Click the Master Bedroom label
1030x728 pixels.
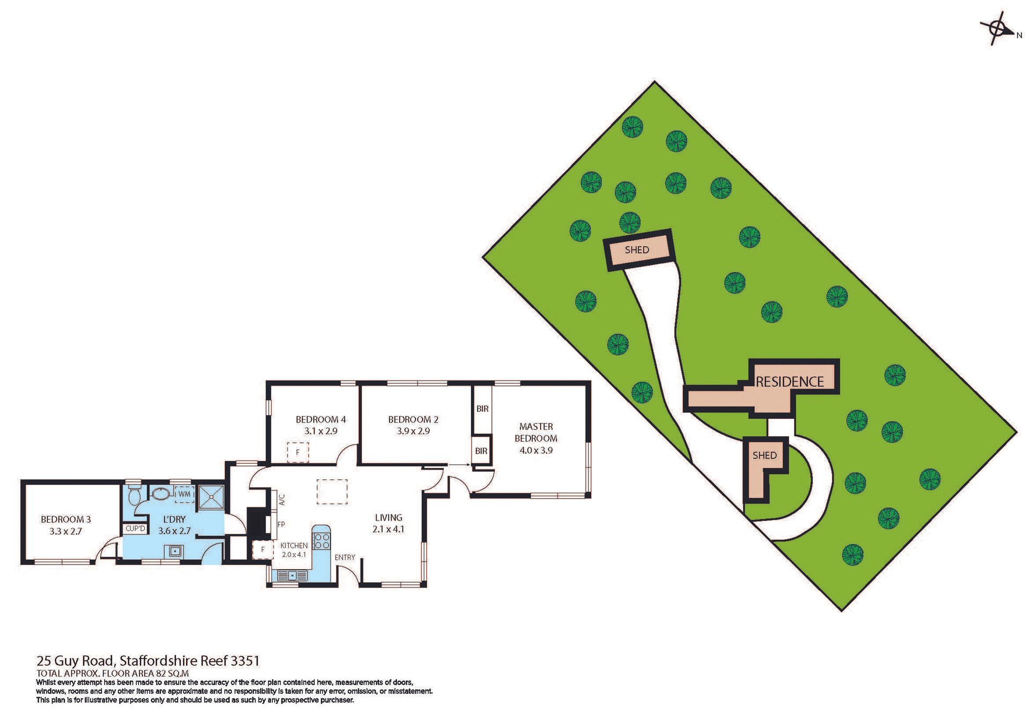point(535,432)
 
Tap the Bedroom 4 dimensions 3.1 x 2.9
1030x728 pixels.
point(320,431)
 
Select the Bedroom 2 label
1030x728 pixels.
point(413,419)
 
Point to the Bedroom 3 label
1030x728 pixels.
point(65,519)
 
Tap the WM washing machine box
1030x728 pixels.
point(184,494)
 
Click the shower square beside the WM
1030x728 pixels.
point(211,497)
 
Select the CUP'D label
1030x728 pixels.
point(135,529)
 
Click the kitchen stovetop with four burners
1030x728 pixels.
point(322,540)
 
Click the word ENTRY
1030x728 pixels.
point(344,558)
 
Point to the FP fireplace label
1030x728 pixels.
point(281,524)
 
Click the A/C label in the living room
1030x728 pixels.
point(282,500)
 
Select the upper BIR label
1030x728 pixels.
point(482,408)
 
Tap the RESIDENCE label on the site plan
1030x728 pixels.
point(789,382)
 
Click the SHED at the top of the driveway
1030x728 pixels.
point(637,250)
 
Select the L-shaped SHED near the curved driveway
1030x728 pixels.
point(764,456)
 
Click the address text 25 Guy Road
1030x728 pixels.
point(75,660)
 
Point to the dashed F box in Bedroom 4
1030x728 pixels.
point(298,452)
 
